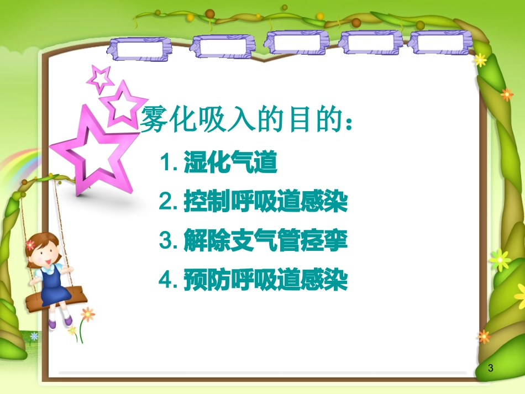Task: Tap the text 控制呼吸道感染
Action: tap(265, 203)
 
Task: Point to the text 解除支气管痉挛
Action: tap(265, 242)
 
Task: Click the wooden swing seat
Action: tap(56, 299)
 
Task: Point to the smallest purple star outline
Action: tap(100, 77)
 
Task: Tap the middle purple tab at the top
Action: tap(293, 43)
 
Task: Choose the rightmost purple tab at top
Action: tap(440, 43)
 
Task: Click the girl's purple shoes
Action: tap(59, 323)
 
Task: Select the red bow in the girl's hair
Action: tap(30, 244)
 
